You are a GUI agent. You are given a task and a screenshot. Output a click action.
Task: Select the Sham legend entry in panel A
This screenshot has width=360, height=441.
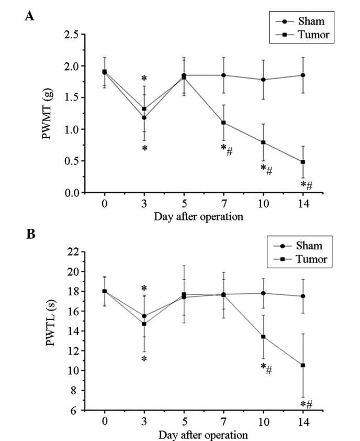[x=311, y=21]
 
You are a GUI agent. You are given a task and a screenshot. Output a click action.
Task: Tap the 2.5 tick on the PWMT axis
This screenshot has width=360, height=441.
[x=72, y=35]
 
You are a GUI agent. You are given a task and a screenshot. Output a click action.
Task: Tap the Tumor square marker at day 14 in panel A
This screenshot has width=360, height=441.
[x=302, y=162]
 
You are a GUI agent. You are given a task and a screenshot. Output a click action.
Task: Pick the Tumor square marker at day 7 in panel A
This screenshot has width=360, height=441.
[x=223, y=123]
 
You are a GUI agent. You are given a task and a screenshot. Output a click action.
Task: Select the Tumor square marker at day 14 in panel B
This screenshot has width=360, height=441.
[x=302, y=365]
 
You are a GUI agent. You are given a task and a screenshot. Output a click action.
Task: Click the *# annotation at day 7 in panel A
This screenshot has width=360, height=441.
[x=227, y=149]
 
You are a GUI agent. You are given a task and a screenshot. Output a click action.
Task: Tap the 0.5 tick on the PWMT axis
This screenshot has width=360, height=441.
[x=72, y=161]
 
